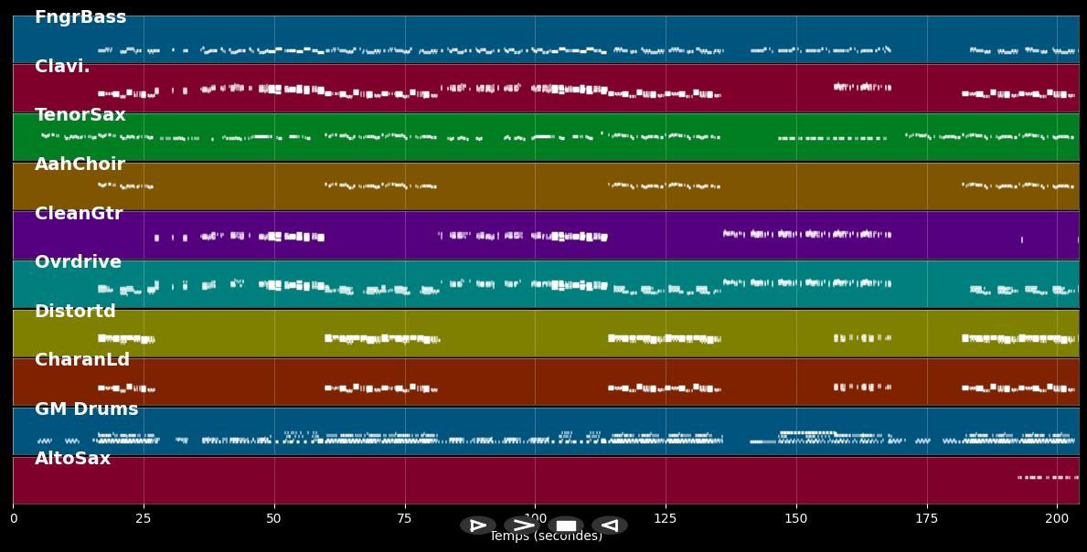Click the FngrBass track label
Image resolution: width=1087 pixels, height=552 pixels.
coord(80,17)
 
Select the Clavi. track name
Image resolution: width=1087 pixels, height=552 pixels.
coord(62,67)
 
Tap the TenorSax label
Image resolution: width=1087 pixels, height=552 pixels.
coord(80,115)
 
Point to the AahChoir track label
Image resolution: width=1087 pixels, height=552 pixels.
coord(80,165)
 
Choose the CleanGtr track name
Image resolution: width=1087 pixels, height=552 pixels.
coord(79,214)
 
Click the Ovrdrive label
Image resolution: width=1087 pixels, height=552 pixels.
coord(78,262)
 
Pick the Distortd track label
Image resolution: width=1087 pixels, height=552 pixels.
coord(75,312)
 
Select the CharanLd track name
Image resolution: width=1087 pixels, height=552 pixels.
coord(82,360)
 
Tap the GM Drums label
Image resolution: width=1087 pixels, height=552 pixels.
coord(87,409)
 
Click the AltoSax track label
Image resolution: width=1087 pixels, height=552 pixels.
coord(72,459)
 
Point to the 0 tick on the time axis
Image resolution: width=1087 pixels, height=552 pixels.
coord(13,519)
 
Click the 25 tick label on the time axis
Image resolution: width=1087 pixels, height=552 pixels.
coord(144,519)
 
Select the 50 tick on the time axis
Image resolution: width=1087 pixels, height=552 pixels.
coord(274,519)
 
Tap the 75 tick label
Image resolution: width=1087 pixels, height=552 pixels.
coord(404,519)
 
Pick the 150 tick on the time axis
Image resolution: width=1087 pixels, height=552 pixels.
coord(796,519)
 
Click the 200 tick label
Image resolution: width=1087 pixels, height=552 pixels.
coord(1057,519)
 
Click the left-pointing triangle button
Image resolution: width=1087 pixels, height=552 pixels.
coord(609,525)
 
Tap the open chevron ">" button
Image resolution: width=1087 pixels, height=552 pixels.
coord(522,525)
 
